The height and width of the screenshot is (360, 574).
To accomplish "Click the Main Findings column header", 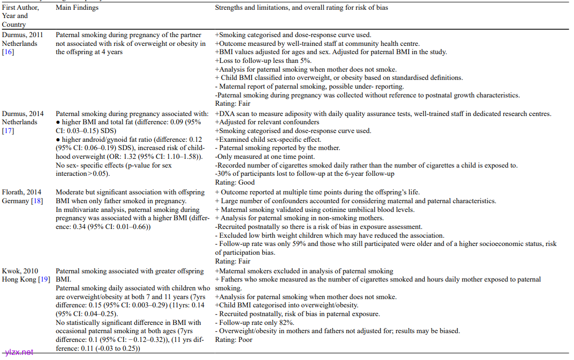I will coord(77,8).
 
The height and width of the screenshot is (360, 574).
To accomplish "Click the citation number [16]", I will coord(8,52).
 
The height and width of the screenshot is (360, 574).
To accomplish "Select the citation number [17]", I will coord(8,130).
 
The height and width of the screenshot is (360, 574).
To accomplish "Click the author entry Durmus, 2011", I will coord(23,35).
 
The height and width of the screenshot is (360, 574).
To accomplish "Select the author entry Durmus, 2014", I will coord(23,113).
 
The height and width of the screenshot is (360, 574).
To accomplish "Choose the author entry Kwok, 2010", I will coord(20,271).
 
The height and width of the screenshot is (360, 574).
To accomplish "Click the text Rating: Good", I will coord(235,183).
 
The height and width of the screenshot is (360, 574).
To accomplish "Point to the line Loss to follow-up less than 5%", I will coord(263,61).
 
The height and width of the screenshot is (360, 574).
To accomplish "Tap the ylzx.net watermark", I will coord(18,352).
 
